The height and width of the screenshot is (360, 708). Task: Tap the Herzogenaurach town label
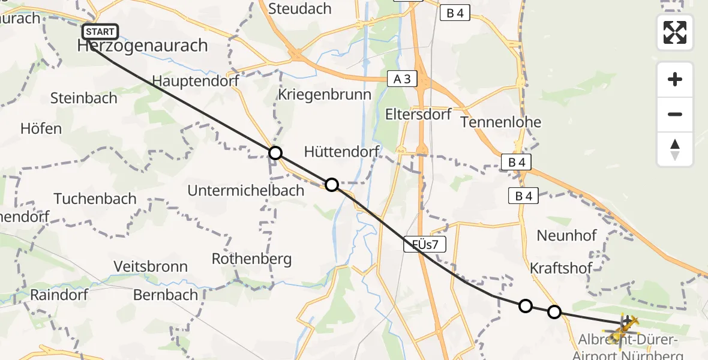tap(143, 46)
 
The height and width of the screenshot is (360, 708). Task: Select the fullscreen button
tap(675, 32)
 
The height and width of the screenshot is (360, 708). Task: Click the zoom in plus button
tap(675, 79)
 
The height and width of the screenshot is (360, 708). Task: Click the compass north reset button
tap(675, 149)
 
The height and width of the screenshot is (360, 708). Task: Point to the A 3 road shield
tap(401, 79)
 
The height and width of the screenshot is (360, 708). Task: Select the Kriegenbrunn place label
tap(325, 95)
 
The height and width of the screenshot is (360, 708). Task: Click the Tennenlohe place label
tap(501, 122)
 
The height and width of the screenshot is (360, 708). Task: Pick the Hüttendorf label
tap(341, 152)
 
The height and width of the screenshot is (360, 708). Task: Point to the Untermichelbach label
tap(246, 191)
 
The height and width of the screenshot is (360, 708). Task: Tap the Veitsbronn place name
tap(151, 266)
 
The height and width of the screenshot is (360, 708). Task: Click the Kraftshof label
tap(562, 268)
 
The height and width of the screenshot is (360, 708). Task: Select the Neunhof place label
tap(567, 236)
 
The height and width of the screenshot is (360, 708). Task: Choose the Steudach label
tap(300, 8)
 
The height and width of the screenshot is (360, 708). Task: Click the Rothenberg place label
tap(252, 259)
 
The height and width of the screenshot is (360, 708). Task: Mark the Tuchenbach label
tap(95, 199)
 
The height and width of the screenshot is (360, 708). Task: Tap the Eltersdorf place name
tap(418, 114)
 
